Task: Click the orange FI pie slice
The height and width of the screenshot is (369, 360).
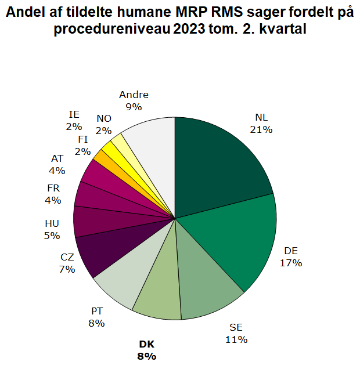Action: pyautogui.click(x=105, y=157)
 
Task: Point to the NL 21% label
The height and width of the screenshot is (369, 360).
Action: pyautogui.click(x=261, y=124)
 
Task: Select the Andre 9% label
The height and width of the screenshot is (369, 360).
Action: pyautogui.click(x=134, y=100)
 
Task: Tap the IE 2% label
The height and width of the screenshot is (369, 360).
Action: pyautogui.click(x=74, y=120)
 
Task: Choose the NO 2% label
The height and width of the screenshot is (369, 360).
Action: pyautogui.click(x=104, y=125)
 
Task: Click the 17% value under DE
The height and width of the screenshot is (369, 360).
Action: pyautogui.click(x=291, y=263)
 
